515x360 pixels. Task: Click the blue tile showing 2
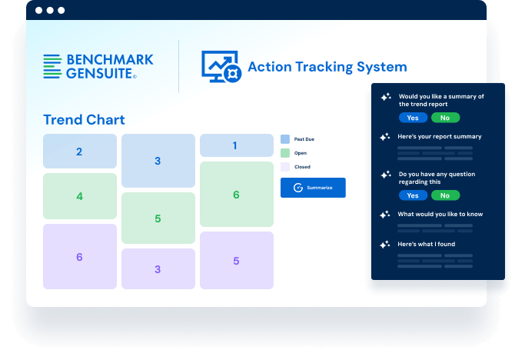point(80,152)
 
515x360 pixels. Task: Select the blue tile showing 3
point(158,161)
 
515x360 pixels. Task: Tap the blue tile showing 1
point(237,145)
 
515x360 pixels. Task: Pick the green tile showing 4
point(80,196)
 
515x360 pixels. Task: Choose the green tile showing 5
point(158,218)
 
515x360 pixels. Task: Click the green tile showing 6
point(237,195)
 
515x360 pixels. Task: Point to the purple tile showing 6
point(80,257)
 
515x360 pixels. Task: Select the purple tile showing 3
point(158,269)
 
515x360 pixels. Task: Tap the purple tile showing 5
point(237,261)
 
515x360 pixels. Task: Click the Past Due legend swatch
point(285,139)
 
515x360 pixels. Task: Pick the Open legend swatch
point(285,153)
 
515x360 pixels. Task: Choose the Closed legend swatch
point(285,167)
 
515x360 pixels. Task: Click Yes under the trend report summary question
point(414,118)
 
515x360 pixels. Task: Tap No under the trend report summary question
point(445,118)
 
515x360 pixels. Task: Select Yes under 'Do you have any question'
point(414,195)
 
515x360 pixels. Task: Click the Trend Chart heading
point(84,120)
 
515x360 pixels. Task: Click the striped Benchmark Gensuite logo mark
point(52,66)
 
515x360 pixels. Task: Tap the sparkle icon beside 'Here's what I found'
point(385,245)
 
